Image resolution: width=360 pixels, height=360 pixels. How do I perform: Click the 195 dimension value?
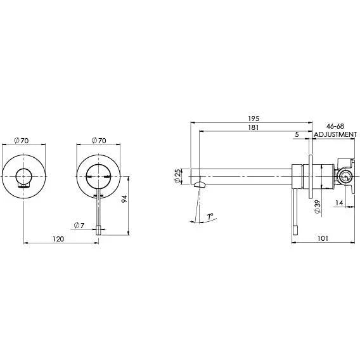[255, 119]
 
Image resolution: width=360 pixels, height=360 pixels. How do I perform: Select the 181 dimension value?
[255, 128]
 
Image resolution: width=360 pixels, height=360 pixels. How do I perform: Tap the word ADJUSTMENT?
[335, 135]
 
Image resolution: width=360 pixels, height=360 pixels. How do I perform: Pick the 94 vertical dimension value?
[125, 199]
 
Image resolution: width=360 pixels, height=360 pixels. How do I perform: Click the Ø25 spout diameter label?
[177, 177]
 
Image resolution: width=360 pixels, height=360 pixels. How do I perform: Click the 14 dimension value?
[339, 203]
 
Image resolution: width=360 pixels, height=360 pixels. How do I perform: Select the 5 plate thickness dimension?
[297, 135]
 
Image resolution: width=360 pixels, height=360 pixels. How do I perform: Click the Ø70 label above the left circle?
[23, 140]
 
